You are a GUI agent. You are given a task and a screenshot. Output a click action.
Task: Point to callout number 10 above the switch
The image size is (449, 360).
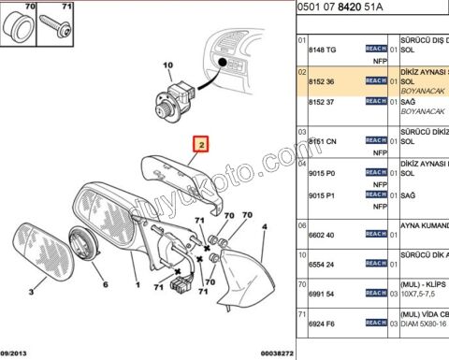pos(168,65)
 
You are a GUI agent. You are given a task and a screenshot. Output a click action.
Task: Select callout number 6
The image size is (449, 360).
pos(105,285)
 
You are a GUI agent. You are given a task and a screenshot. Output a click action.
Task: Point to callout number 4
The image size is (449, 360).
pos(265,226)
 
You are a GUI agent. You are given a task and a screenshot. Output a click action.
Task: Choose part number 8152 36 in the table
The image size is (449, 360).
pos(322,82)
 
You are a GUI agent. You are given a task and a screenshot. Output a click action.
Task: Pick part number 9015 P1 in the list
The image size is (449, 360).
pos(323,196)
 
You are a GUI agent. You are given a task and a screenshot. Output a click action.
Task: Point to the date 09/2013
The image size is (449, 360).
pos(19,353)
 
